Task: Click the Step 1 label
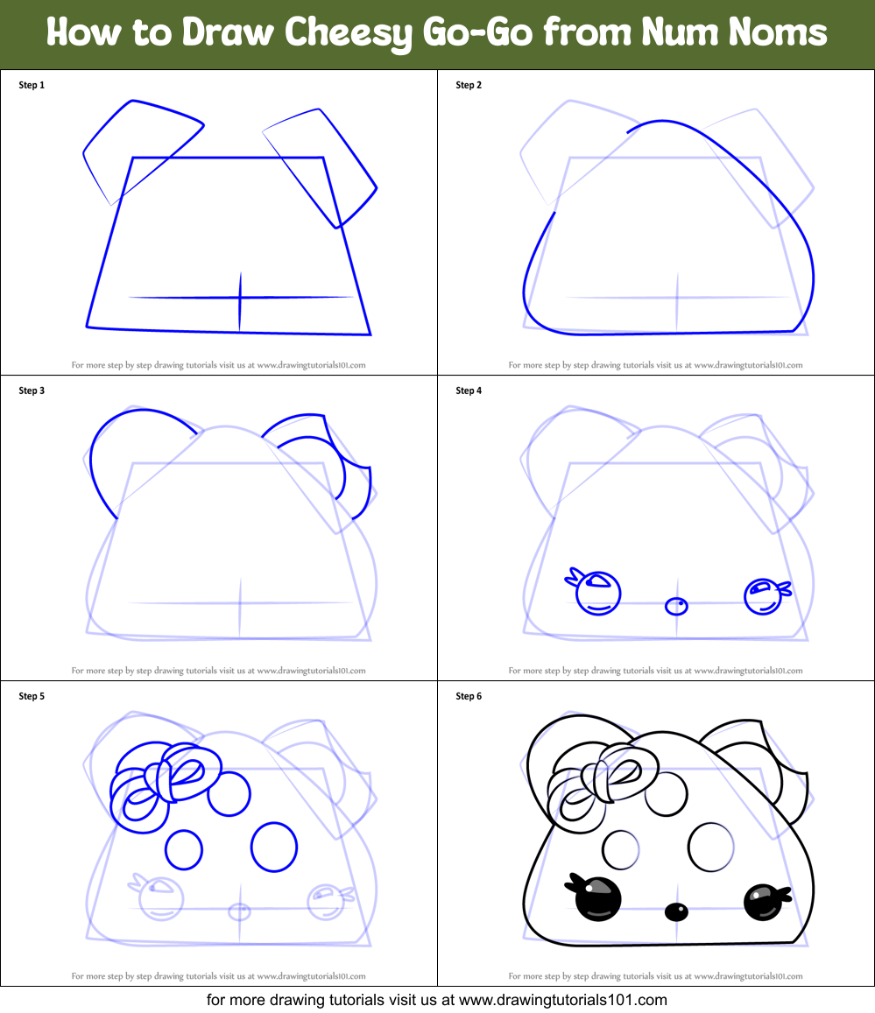(32, 85)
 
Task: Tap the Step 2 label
(469, 85)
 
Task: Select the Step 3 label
(32, 390)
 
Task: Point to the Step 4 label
(469, 390)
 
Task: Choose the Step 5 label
(32, 696)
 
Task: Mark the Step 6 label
(469, 696)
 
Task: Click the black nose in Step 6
(675, 912)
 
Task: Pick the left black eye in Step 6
(597, 898)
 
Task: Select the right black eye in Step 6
(762, 901)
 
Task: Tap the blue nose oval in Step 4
(675, 606)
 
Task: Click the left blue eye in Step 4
(598, 593)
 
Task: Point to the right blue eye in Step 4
(762, 595)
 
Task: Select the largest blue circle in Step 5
(274, 847)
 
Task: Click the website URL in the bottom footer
(563, 999)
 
